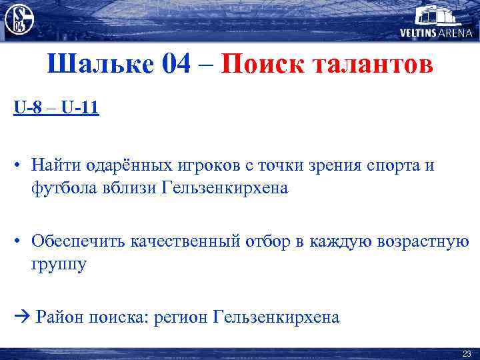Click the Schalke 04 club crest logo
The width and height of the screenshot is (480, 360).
pos(19,18)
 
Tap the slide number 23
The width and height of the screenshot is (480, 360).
pos(466,353)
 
